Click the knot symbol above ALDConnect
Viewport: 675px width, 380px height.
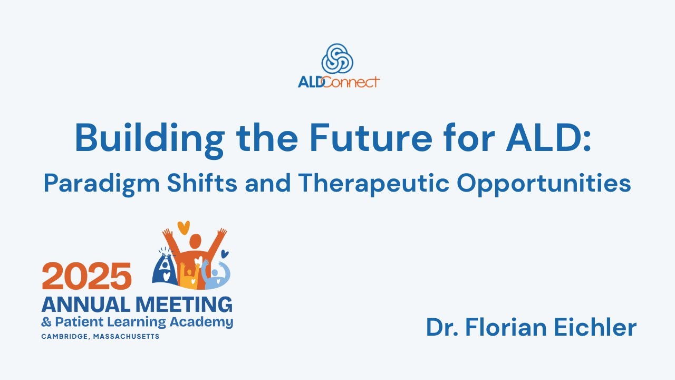click(x=337, y=58)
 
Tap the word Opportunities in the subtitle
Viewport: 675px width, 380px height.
click(x=544, y=183)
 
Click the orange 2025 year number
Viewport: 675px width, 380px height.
click(x=87, y=276)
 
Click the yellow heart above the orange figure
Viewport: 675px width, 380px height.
click(x=183, y=228)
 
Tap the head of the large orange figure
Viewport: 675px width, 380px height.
click(x=195, y=242)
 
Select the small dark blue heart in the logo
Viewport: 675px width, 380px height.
click(x=224, y=253)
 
